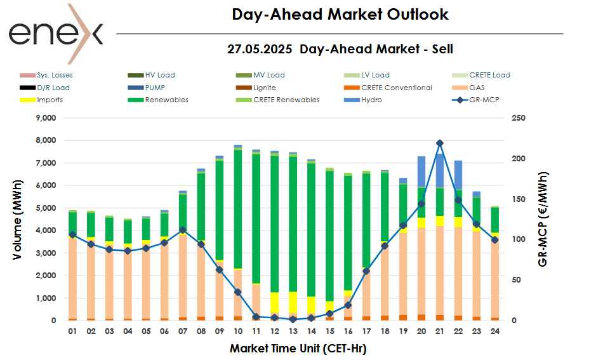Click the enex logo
(x=56, y=33)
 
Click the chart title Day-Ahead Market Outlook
(x=340, y=15)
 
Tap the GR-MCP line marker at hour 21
(x=440, y=143)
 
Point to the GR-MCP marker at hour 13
(x=293, y=319)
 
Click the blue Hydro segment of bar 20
(x=421, y=171)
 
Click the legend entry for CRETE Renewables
(x=286, y=100)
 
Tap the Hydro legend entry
(x=371, y=100)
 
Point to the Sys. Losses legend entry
(x=55, y=75)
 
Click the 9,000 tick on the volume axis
(x=44, y=118)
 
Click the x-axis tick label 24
(x=494, y=331)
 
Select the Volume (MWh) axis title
(x=18, y=219)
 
